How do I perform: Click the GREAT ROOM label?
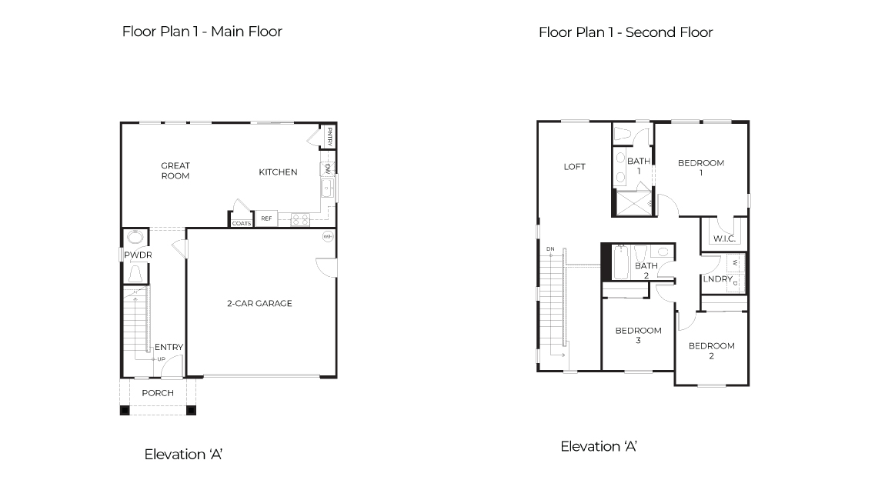point(175,171)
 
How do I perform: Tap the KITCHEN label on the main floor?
point(278,172)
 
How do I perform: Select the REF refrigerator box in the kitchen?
point(266,219)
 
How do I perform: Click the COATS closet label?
point(242,223)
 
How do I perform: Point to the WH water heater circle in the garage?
point(327,236)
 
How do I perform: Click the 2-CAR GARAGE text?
point(259,303)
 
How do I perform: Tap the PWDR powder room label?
point(138,255)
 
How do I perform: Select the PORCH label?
point(158,393)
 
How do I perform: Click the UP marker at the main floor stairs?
point(161,359)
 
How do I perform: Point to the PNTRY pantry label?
point(329,136)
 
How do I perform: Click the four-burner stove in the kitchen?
point(300,219)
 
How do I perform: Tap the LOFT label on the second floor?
point(575,166)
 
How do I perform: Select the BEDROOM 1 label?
point(701,168)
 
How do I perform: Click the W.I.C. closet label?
point(724,239)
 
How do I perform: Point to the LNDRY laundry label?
point(717,279)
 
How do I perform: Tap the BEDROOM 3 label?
point(638,335)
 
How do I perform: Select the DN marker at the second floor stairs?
point(550,249)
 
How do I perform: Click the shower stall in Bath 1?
point(631,203)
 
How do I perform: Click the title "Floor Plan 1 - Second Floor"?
point(625,32)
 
